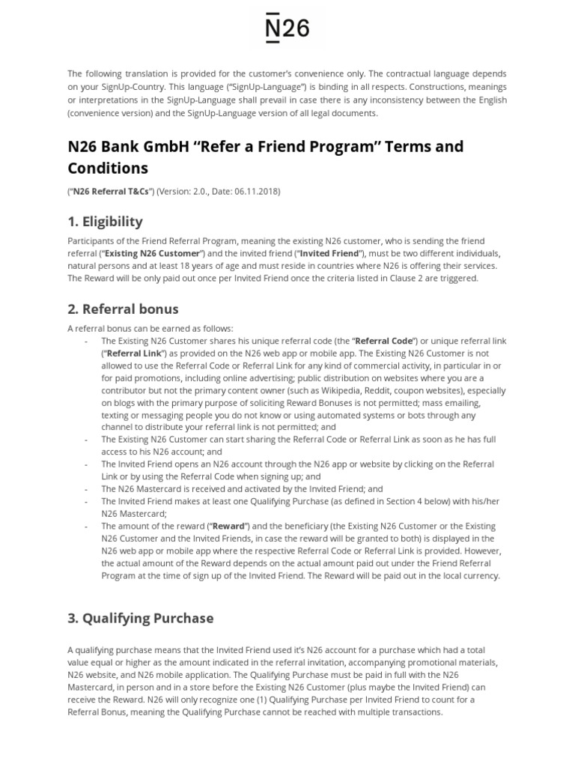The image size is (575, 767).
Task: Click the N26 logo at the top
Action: coord(287,28)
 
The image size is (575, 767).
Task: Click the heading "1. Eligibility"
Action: coord(105,222)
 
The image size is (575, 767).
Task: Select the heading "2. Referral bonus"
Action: coord(123,309)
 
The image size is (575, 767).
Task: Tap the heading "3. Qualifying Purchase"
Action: coord(140,618)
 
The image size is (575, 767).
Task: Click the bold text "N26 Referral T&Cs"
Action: coord(111,191)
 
